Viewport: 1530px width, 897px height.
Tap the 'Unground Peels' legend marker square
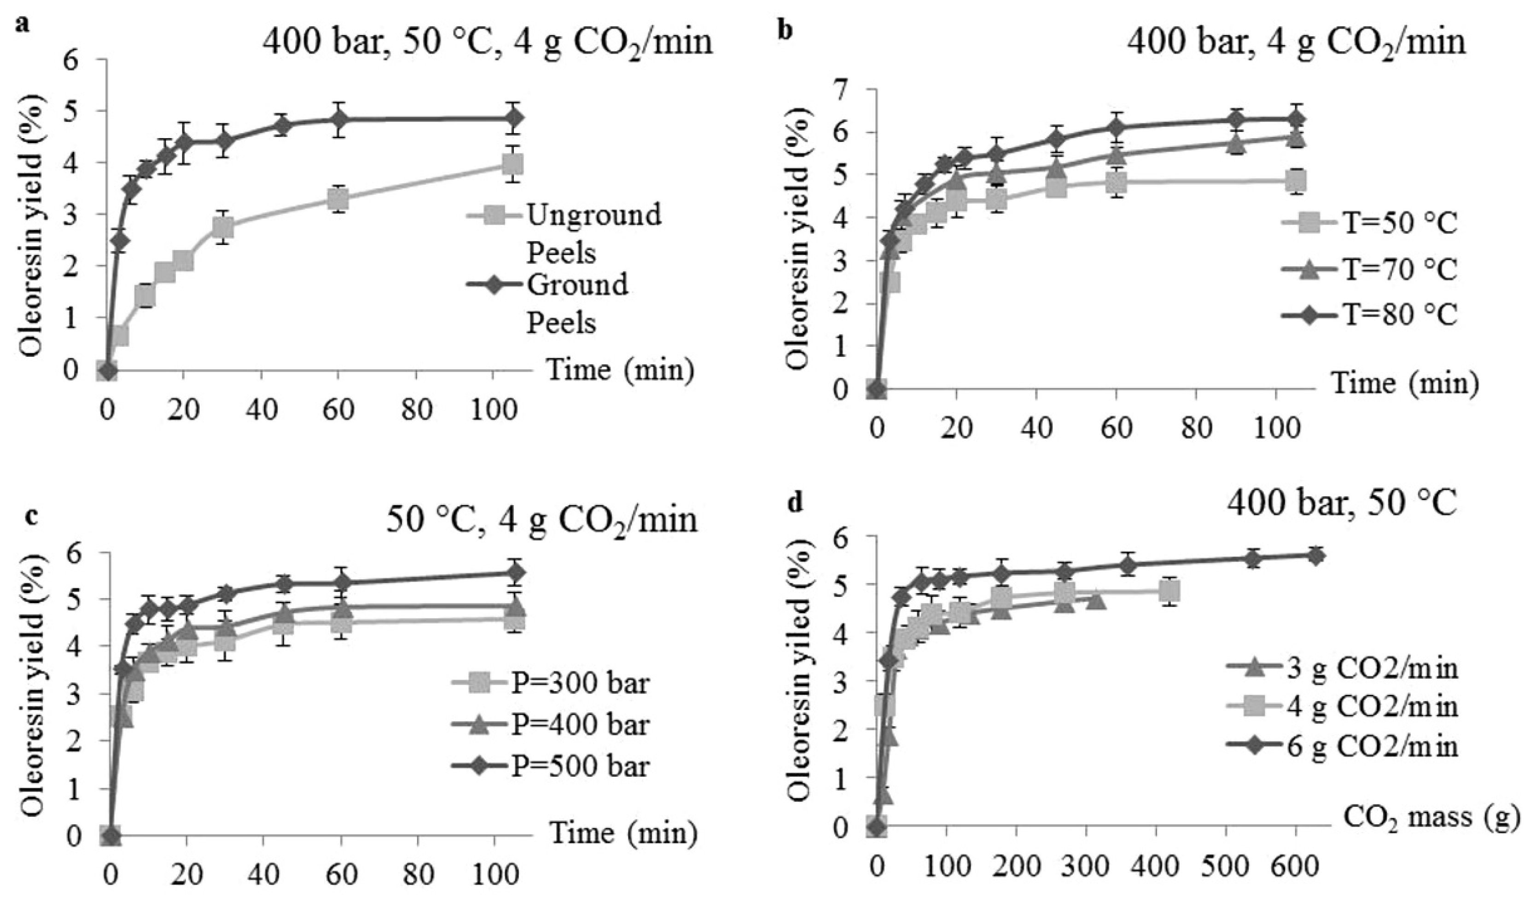[496, 215]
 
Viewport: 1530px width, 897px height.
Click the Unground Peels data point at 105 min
[513, 164]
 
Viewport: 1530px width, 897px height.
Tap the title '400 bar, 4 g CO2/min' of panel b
[1296, 42]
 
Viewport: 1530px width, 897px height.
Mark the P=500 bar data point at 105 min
[516, 572]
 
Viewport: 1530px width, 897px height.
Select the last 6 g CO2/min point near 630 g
[1315, 556]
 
